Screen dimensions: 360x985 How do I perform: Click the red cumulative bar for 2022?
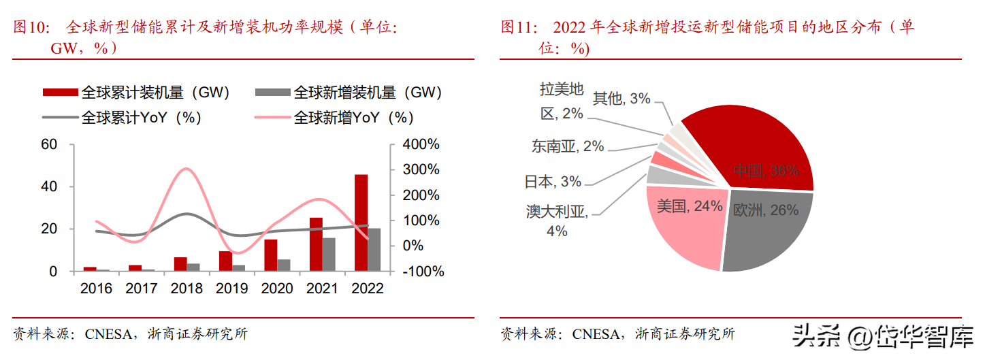click(361, 223)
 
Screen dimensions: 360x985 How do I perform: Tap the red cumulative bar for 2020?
click(271, 255)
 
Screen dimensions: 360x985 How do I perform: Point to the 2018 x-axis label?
click(187, 289)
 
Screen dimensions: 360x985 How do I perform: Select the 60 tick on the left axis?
click(49, 144)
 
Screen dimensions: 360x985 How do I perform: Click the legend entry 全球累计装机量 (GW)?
click(136, 93)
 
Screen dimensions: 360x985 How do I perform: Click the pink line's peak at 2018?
click(187, 169)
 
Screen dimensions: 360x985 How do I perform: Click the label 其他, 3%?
click(621, 99)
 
